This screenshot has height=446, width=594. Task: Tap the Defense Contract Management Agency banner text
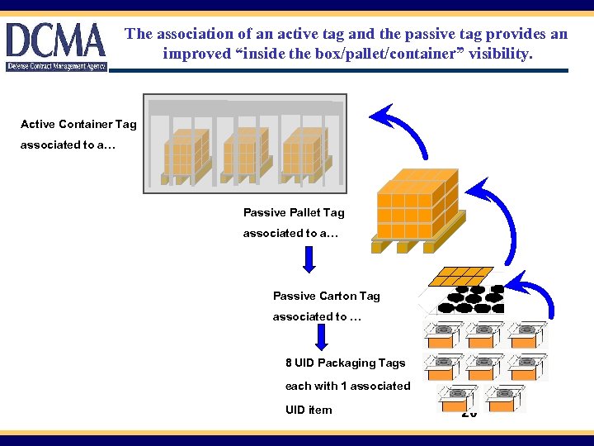coord(56,66)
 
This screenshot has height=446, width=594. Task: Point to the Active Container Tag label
coord(78,124)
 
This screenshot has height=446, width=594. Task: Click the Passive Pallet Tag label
coord(294,212)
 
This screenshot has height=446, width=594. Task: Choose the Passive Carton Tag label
coord(327,296)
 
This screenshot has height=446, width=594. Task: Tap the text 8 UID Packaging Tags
coord(346,363)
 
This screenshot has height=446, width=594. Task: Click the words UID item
coord(309,410)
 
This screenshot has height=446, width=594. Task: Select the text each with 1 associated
coord(347,386)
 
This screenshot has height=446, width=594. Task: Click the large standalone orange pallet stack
coord(417,211)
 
